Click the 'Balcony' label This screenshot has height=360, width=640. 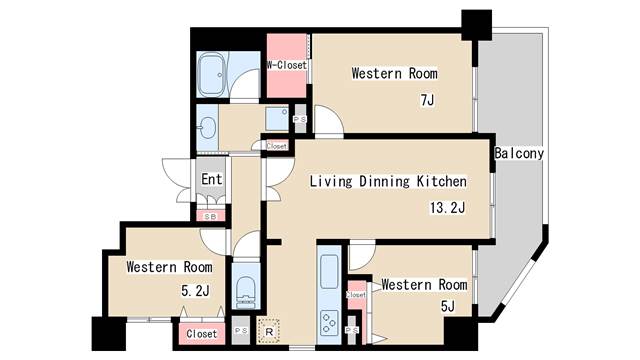tap(519, 153)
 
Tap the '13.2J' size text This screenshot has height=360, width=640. tap(447, 208)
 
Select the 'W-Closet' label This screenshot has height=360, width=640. tap(287, 65)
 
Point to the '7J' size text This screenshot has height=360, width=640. tap(427, 100)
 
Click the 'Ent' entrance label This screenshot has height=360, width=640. tap(211, 179)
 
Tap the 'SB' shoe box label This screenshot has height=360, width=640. tap(211, 217)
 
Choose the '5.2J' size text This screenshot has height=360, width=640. tap(195, 291)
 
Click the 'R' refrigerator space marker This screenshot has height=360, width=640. tap(269, 332)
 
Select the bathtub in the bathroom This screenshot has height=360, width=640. tap(212, 75)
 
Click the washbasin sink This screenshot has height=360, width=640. tap(207, 128)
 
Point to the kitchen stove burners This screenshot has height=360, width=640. tap(329, 322)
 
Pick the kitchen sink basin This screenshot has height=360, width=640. tap(329, 271)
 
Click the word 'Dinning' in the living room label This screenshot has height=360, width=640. tap(384, 181)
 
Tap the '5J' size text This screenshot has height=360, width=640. tap(447, 306)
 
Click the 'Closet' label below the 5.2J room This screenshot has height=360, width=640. tap(202, 334)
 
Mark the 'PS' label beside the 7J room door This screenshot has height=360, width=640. tap(300, 120)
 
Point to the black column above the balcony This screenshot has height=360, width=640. tap(476, 25)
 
